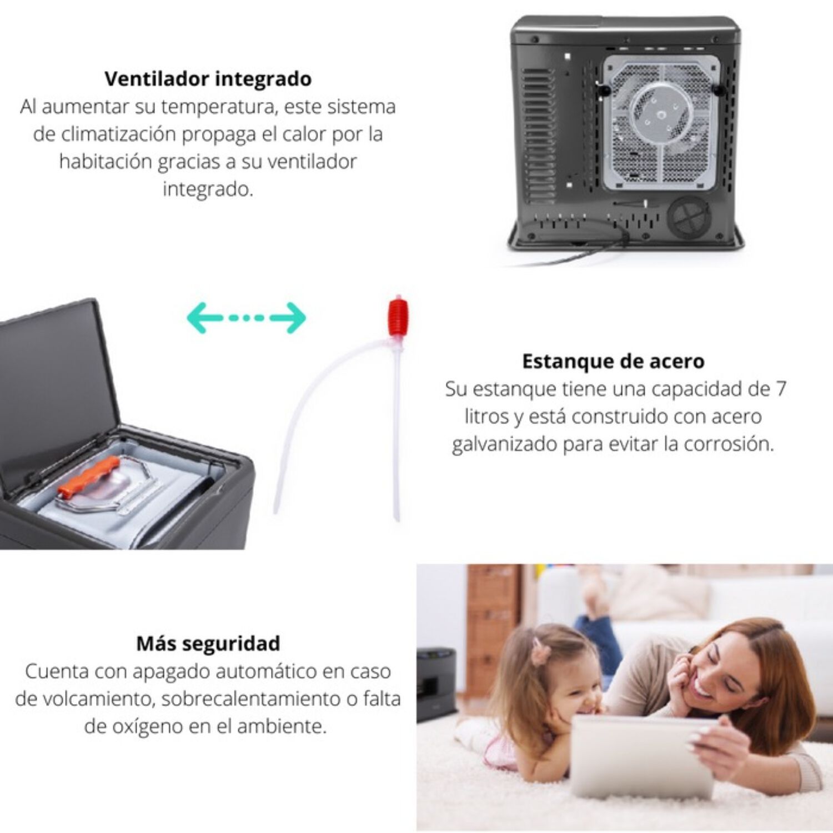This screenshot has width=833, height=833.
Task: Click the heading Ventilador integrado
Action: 208,78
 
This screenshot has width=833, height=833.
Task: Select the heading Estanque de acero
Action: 613,361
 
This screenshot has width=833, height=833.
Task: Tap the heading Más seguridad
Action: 208,643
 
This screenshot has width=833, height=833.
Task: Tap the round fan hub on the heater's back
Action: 661,114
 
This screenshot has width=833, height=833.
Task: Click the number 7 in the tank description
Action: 781,389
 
